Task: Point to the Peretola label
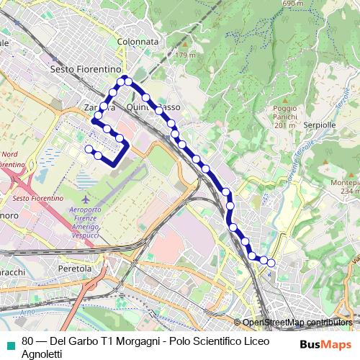75,268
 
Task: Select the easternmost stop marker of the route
271,264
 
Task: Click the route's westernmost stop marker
89,149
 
